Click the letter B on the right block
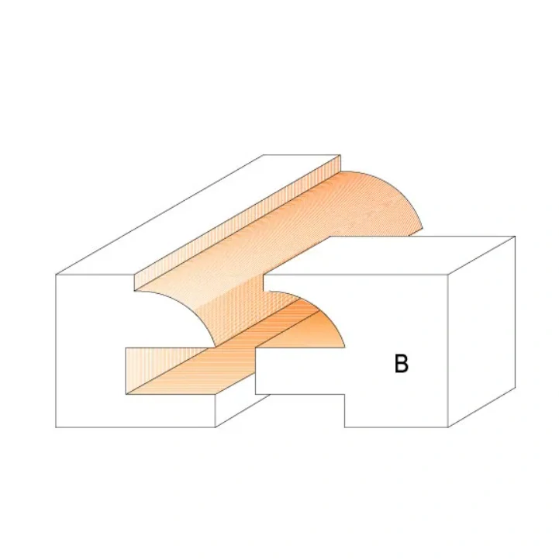click(401, 363)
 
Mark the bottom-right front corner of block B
click(449, 427)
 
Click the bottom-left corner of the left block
click(58, 427)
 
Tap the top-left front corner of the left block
click(58, 275)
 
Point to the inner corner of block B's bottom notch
click(345, 394)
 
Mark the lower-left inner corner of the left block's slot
click(126, 393)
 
